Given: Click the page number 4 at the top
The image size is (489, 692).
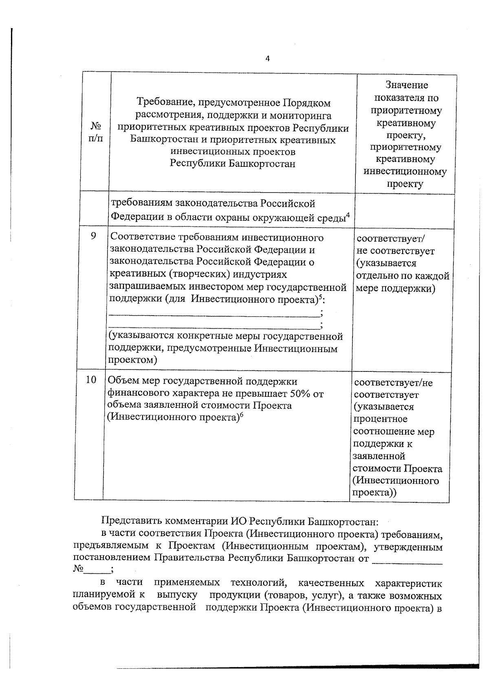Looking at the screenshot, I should pyautogui.click(x=267, y=59).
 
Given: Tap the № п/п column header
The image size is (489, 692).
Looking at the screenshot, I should pyautogui.click(x=96, y=132).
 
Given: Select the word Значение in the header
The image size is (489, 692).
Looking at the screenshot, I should pyautogui.click(x=406, y=85).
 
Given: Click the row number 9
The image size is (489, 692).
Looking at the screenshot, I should pyautogui.click(x=93, y=236).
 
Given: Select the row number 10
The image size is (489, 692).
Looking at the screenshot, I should pyautogui.click(x=91, y=380).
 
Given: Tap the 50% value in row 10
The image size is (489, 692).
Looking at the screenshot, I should pyautogui.click(x=301, y=394).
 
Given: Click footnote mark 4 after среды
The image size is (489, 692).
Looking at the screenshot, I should pyautogui.click(x=348, y=215).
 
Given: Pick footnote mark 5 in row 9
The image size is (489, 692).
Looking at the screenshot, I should pyautogui.click(x=320, y=296).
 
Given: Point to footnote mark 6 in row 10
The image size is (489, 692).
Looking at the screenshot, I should pyautogui.click(x=241, y=415).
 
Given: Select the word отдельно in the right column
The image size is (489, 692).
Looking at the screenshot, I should pyautogui.click(x=376, y=276).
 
